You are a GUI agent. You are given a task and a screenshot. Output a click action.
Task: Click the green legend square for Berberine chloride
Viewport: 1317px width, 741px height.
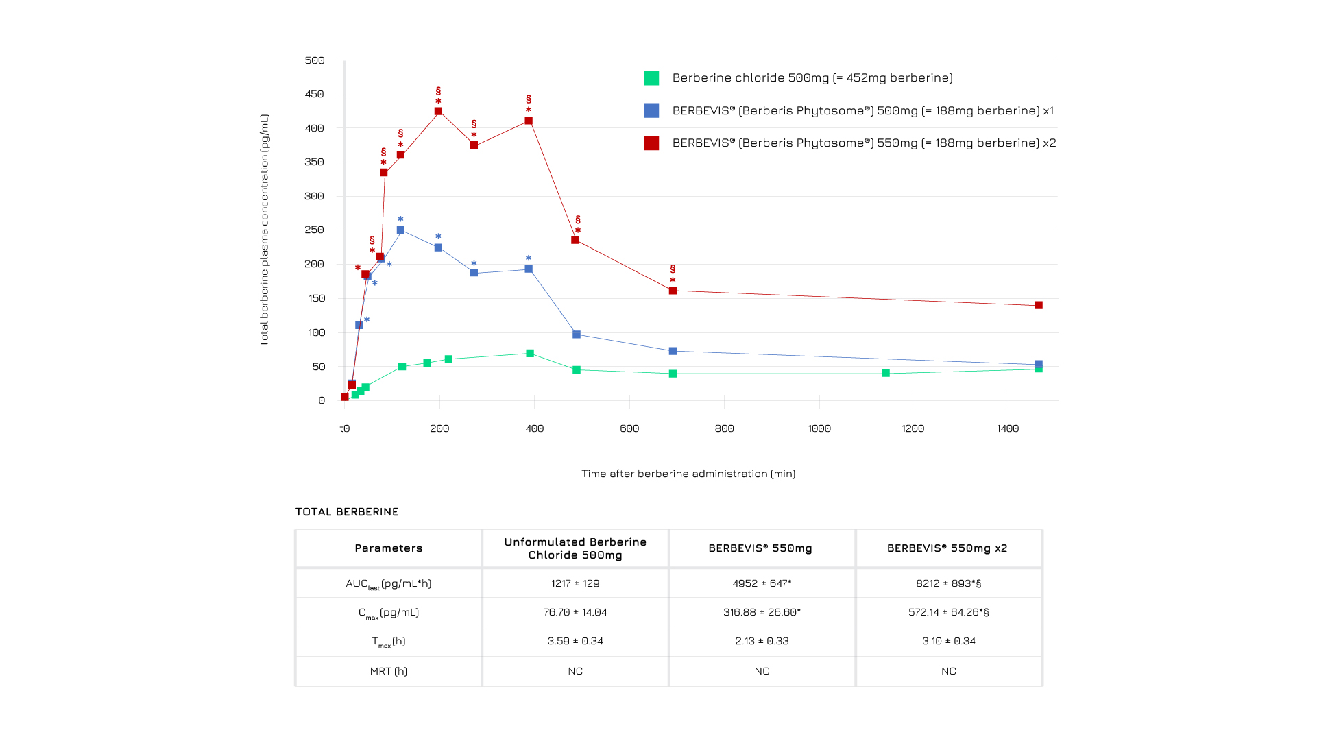tap(651, 78)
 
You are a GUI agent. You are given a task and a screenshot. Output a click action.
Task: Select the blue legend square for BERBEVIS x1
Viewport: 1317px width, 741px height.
tap(651, 110)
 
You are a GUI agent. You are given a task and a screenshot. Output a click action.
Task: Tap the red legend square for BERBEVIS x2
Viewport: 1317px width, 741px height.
tap(651, 143)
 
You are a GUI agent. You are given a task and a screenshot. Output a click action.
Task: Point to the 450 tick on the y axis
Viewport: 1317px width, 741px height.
tap(315, 94)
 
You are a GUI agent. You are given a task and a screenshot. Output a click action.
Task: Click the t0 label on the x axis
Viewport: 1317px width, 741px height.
tap(345, 428)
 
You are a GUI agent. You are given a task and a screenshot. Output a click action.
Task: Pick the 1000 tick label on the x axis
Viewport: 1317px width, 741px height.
tap(819, 428)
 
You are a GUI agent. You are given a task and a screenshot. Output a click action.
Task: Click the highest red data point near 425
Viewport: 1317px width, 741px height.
tap(438, 111)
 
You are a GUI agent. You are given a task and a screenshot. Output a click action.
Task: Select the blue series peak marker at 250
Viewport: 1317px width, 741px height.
tap(400, 230)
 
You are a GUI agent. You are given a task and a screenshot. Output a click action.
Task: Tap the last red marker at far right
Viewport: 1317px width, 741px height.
tap(1039, 305)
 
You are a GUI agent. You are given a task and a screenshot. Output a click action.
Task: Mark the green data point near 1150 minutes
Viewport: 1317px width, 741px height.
tap(886, 374)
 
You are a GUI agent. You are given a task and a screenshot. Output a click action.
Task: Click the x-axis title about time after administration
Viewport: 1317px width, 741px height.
tap(688, 474)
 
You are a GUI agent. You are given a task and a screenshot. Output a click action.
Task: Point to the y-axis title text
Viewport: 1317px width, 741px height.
tap(265, 230)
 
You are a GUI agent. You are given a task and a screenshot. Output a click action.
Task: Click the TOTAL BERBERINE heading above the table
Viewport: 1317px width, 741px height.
tap(347, 512)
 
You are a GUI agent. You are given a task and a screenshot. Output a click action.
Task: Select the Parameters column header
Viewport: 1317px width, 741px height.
tap(388, 548)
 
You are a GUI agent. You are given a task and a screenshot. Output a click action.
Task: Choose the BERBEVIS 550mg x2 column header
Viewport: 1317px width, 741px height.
tap(947, 548)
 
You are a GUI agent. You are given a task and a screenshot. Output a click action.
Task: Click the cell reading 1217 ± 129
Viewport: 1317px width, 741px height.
tap(575, 583)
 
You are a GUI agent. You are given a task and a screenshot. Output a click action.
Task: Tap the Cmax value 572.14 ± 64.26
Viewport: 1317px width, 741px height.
tap(948, 612)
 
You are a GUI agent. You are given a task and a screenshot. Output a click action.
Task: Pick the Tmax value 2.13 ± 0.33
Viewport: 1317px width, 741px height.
tap(762, 641)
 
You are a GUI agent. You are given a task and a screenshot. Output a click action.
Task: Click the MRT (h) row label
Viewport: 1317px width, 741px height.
tap(388, 671)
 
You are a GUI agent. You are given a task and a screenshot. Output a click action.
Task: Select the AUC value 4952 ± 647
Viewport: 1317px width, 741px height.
tap(762, 583)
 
